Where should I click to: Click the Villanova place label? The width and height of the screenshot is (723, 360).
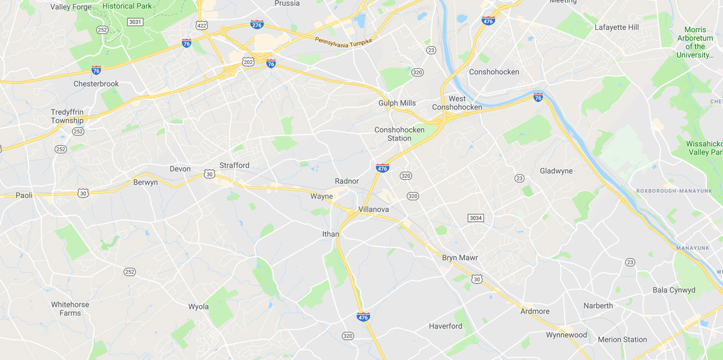click(x=373, y=209)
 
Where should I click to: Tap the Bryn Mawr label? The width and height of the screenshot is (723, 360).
click(x=460, y=257)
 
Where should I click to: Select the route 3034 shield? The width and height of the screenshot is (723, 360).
click(x=475, y=218)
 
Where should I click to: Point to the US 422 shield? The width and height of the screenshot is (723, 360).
click(x=202, y=25)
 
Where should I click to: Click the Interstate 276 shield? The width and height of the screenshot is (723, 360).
click(x=256, y=24)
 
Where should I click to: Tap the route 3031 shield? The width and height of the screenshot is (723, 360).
click(x=135, y=22)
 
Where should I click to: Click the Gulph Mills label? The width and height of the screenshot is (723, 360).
click(x=397, y=103)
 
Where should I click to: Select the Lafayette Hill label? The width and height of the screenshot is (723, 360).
click(x=616, y=27)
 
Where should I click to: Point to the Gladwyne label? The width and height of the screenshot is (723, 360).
click(x=556, y=171)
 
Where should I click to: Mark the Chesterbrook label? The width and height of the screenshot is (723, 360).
click(x=96, y=83)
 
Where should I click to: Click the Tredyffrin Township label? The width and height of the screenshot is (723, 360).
click(x=67, y=117)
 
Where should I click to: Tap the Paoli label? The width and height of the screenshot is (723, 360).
click(x=24, y=195)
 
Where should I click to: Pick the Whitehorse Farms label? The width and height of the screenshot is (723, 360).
click(x=70, y=309)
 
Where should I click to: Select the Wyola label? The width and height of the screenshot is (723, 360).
click(x=198, y=306)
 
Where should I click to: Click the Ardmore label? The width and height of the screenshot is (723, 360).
click(x=535, y=311)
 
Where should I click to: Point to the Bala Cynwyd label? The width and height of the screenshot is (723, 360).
click(x=673, y=290)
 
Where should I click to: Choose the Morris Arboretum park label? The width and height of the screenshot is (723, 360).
click(x=695, y=42)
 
